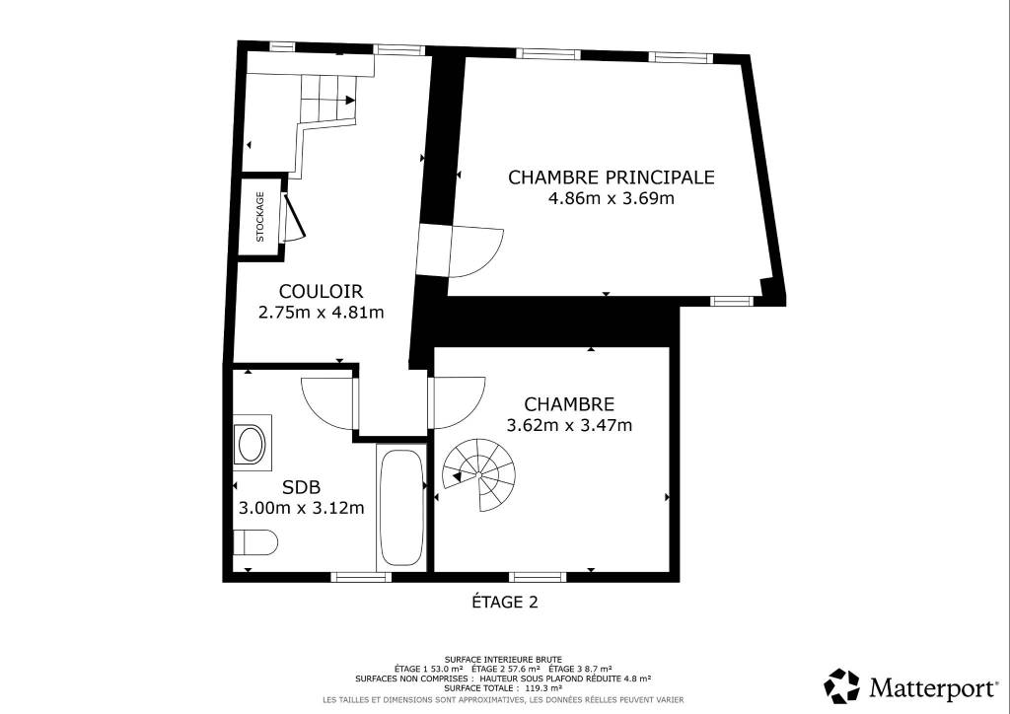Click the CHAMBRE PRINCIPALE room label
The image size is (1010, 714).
tap(612, 178)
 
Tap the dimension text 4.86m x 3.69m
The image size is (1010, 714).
tap(611, 198)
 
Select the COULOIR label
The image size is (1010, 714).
tap(321, 292)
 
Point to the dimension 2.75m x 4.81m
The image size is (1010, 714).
tap(321, 313)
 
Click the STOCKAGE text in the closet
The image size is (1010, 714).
tap(260, 216)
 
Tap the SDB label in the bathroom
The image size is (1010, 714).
tap(302, 487)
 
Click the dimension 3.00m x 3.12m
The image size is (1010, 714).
tap(302, 508)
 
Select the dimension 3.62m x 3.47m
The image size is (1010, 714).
tap(569, 426)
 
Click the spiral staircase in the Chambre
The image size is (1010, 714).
tap(479, 474)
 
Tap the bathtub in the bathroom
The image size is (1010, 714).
tap(400, 507)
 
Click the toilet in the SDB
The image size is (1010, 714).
tap(255, 542)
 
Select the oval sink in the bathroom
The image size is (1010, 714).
tap(252, 444)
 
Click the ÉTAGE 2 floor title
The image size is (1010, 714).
tap(505, 602)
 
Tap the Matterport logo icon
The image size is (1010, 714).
tap(842, 685)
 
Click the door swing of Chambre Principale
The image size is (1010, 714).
tap(476, 251)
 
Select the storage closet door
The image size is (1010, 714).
tap(294, 216)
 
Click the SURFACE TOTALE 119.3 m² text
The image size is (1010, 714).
tap(503, 687)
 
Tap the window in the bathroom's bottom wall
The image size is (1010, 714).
tap(361, 577)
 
